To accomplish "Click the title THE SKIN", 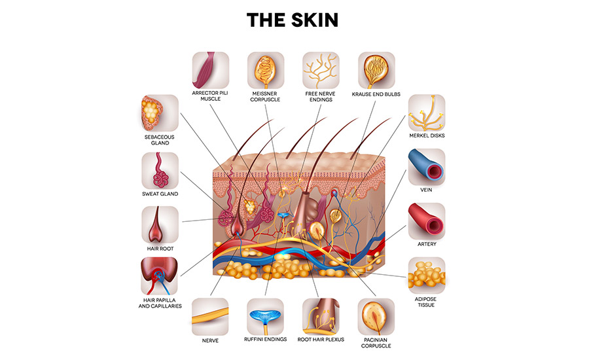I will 293,20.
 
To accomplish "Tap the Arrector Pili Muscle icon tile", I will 211,70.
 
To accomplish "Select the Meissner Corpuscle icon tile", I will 266,70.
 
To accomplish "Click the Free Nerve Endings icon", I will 321,70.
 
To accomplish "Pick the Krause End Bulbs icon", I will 376,70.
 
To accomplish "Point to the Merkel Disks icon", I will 427,113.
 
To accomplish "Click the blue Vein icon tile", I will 427,166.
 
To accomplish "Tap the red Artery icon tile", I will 427,221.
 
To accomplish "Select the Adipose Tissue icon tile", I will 427,275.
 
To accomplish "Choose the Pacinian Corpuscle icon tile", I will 376,317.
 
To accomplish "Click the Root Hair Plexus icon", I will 321,317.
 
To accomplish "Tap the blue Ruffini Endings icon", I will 266,317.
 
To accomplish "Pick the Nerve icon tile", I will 211,317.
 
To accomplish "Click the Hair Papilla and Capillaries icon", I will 160,275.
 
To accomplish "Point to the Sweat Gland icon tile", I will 160,170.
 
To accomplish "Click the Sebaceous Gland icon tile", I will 160,113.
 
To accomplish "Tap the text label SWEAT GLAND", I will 160,194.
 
